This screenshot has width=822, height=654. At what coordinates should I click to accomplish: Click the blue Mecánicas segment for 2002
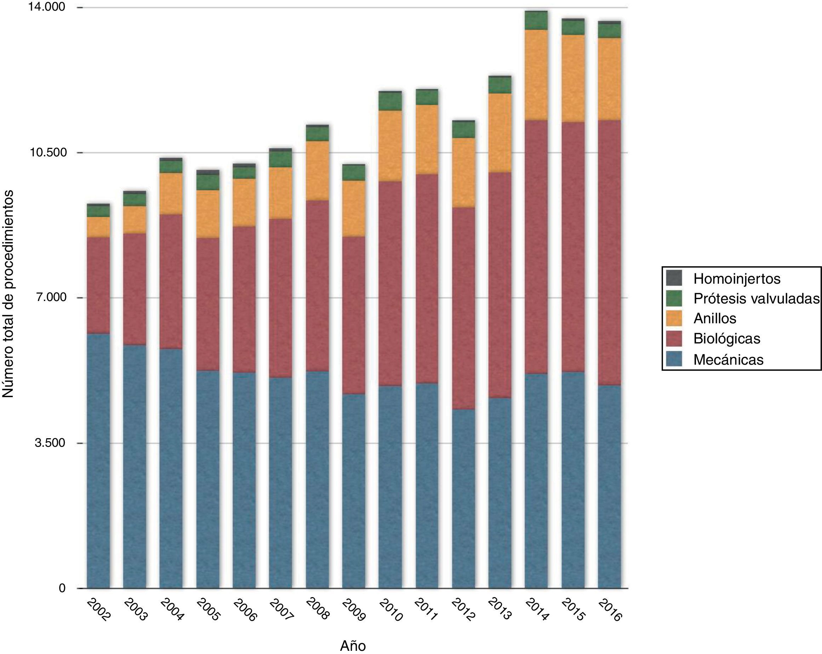pos(98,461)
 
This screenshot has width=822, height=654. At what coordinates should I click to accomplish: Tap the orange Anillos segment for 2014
pos(536,75)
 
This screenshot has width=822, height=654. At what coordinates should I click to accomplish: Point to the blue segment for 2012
pos(464,499)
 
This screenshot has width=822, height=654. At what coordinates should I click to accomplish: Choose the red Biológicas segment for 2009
pos(353,315)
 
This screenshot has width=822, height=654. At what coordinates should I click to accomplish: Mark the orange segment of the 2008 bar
pos(317,170)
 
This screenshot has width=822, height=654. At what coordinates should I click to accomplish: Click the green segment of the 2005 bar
pos(208,183)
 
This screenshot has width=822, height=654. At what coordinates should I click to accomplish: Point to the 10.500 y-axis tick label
pos(48,153)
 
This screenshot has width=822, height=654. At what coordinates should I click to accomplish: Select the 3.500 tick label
pos(50,443)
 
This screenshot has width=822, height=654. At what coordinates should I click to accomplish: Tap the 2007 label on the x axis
pos(281,609)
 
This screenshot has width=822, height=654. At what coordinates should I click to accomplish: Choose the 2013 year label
pos(500,609)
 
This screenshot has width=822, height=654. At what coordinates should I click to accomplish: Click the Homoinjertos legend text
pos(737,279)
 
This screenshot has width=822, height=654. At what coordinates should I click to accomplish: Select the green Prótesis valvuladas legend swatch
pos(674,298)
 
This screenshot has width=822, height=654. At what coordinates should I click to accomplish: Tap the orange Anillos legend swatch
pos(674,318)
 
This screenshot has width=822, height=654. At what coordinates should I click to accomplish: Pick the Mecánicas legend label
pos(728,360)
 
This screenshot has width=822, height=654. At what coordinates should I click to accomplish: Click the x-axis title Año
pos(353,646)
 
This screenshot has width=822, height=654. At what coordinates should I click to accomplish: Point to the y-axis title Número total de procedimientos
pos(8,294)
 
